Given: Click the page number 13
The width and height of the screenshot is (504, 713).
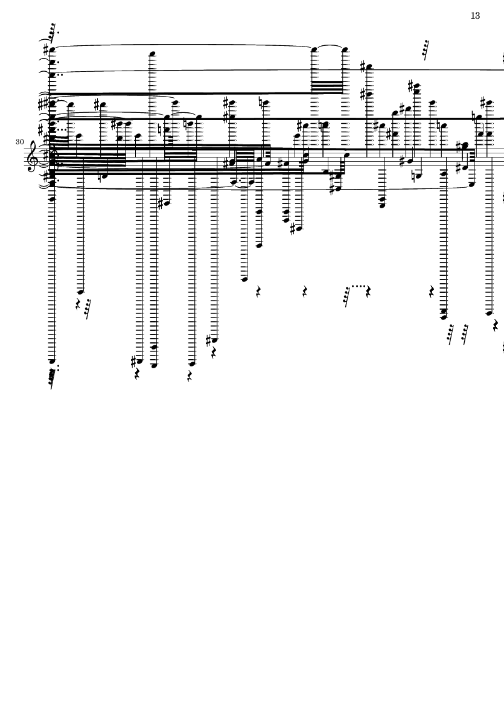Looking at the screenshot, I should coord(475,16).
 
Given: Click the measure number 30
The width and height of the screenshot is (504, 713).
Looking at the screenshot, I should coord(20,142).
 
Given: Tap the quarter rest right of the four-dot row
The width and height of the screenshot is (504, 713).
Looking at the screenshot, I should coord(368,292).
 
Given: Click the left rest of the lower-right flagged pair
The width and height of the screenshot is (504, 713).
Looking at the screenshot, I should coord(451,334).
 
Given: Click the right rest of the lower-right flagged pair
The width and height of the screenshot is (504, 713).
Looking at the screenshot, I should coord(465,334).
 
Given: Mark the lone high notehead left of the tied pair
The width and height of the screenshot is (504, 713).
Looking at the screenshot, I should coord(153,53).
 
